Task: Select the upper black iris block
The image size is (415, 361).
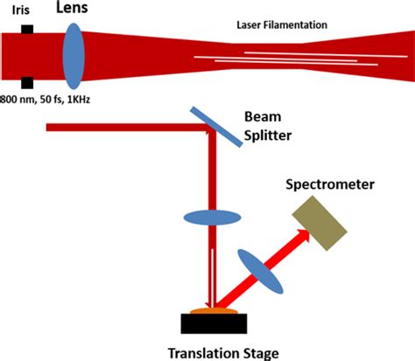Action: [28, 30]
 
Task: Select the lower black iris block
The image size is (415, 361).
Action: [28, 82]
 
